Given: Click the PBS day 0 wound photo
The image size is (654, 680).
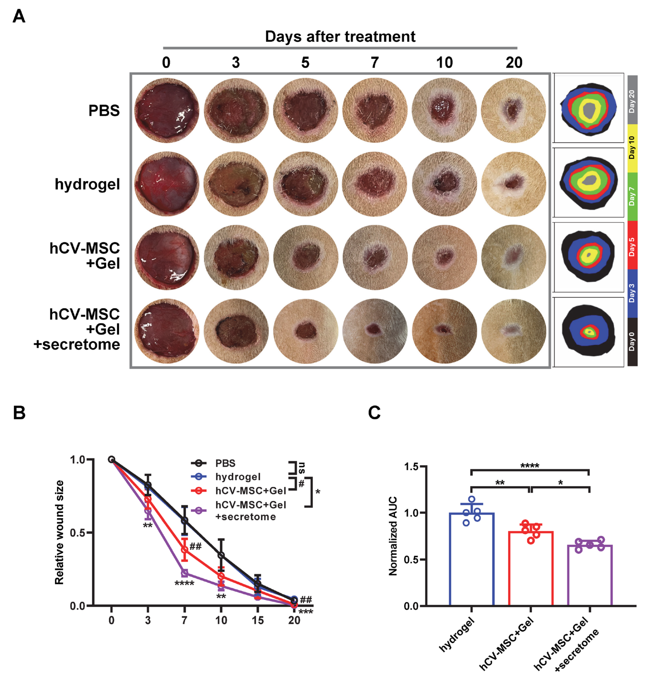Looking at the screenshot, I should pos(167,110).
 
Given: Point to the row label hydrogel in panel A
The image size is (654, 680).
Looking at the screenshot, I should pos(87,184).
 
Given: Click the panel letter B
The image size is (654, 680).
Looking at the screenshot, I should pos(19,413).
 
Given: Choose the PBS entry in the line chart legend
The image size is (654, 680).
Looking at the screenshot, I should pos(225,463).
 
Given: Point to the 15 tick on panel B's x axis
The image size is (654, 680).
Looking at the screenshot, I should pos(258,620).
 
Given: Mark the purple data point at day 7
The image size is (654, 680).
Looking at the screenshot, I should pos(184,573).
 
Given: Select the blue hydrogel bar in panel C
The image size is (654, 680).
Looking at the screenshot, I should pos(471,562).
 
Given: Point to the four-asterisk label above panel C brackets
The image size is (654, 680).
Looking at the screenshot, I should pos(530,466).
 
